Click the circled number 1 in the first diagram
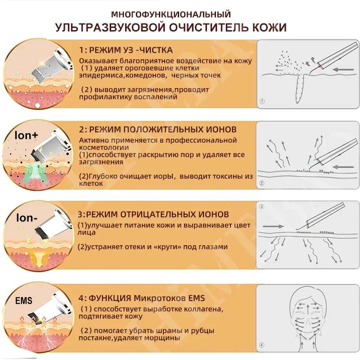(262, 102)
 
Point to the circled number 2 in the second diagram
(262, 183)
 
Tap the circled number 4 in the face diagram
(262, 346)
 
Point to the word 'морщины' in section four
(164, 337)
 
